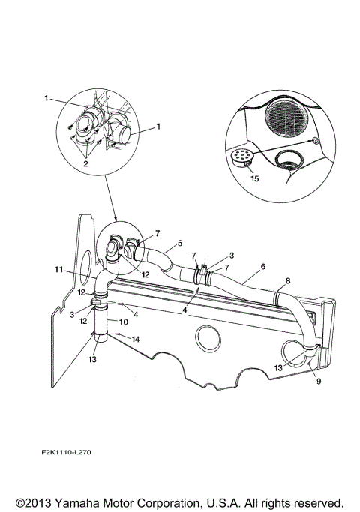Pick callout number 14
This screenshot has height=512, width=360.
coord(136,340)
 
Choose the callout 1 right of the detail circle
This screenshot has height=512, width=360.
coord(159,128)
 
